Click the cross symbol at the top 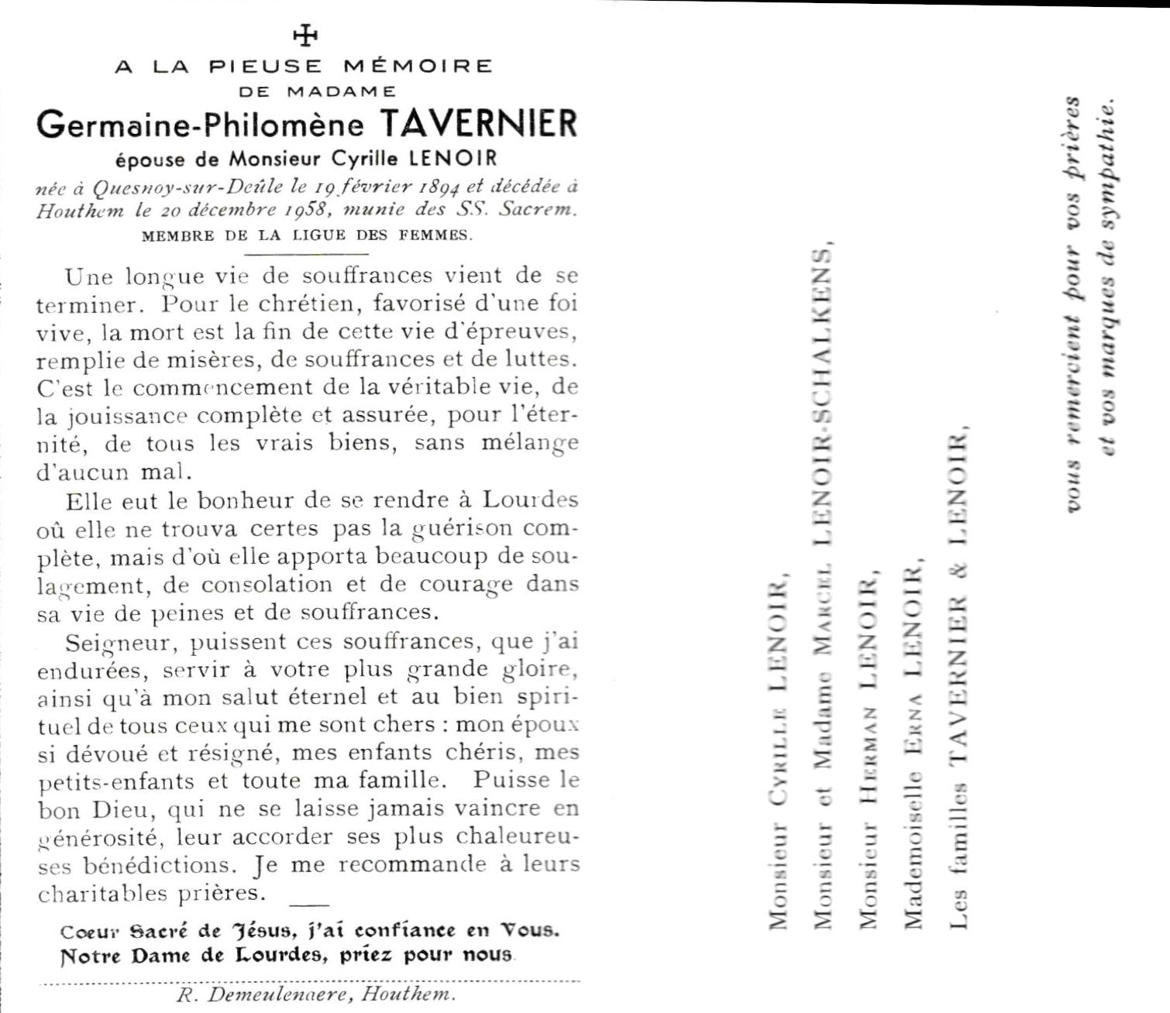tap(307, 35)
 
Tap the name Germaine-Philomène tap(200, 125)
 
